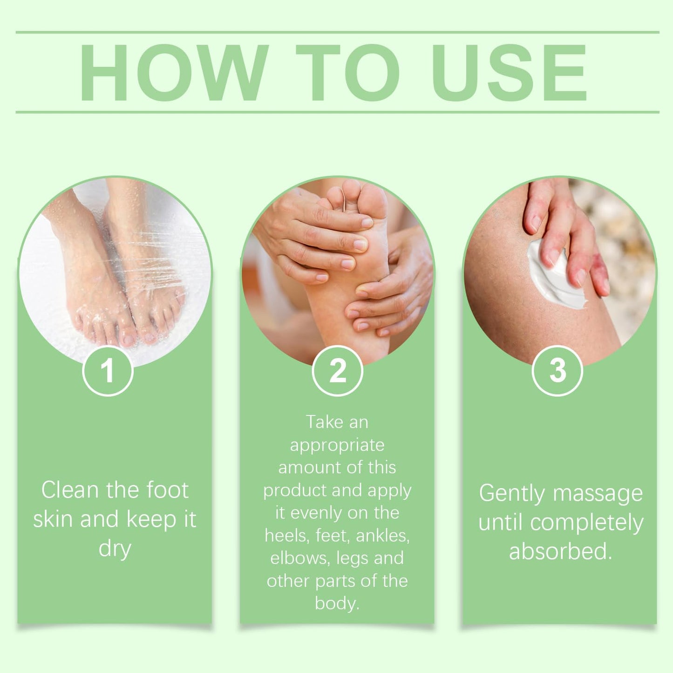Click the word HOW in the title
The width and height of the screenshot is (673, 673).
[x=174, y=73]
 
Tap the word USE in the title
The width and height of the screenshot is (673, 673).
[x=509, y=73]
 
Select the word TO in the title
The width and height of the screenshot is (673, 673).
[x=348, y=73]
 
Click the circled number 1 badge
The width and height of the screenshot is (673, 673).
[x=108, y=371]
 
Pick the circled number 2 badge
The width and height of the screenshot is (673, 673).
[x=337, y=371]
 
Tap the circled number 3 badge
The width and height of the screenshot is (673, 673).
[x=557, y=371]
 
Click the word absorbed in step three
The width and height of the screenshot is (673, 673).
[x=561, y=551]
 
